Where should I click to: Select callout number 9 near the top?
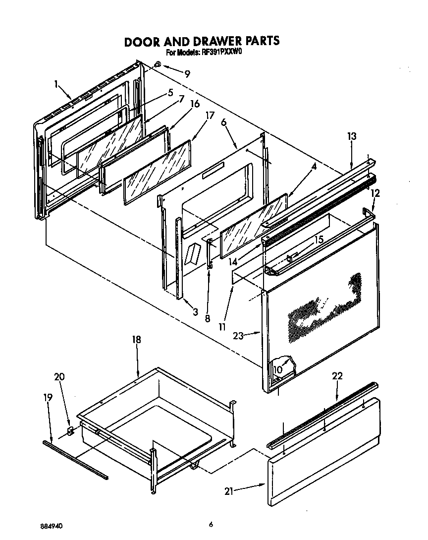187,74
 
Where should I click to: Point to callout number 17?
210,116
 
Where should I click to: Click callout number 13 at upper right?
352,136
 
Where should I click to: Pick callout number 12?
375,193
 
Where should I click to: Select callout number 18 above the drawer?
136,340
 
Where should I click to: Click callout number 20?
59,377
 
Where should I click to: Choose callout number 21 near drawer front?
228,491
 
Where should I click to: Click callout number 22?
337,376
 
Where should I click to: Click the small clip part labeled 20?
70,430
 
